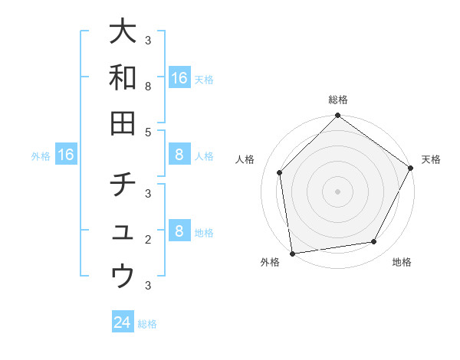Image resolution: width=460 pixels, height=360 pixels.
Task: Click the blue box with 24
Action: tap(123, 322)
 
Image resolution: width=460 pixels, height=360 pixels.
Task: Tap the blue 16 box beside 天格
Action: tap(179, 78)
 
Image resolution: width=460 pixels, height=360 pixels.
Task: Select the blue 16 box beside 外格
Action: tap(66, 155)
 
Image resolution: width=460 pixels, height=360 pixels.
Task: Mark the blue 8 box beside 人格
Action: tap(179, 155)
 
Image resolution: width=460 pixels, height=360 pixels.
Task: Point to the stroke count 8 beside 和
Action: tap(147, 87)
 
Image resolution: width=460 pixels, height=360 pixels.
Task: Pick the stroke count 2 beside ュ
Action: tap(147, 240)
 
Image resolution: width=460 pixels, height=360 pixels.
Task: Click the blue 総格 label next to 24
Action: tap(148, 324)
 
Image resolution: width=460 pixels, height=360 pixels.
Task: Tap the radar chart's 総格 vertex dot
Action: tap(337, 116)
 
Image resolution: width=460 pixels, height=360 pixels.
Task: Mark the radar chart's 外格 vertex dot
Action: tap(292, 253)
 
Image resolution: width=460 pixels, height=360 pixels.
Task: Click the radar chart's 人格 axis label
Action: tap(246, 159)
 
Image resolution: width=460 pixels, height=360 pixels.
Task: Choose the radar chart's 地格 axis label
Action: tap(402, 263)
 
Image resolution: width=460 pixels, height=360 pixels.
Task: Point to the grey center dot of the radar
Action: tap(337, 191)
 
